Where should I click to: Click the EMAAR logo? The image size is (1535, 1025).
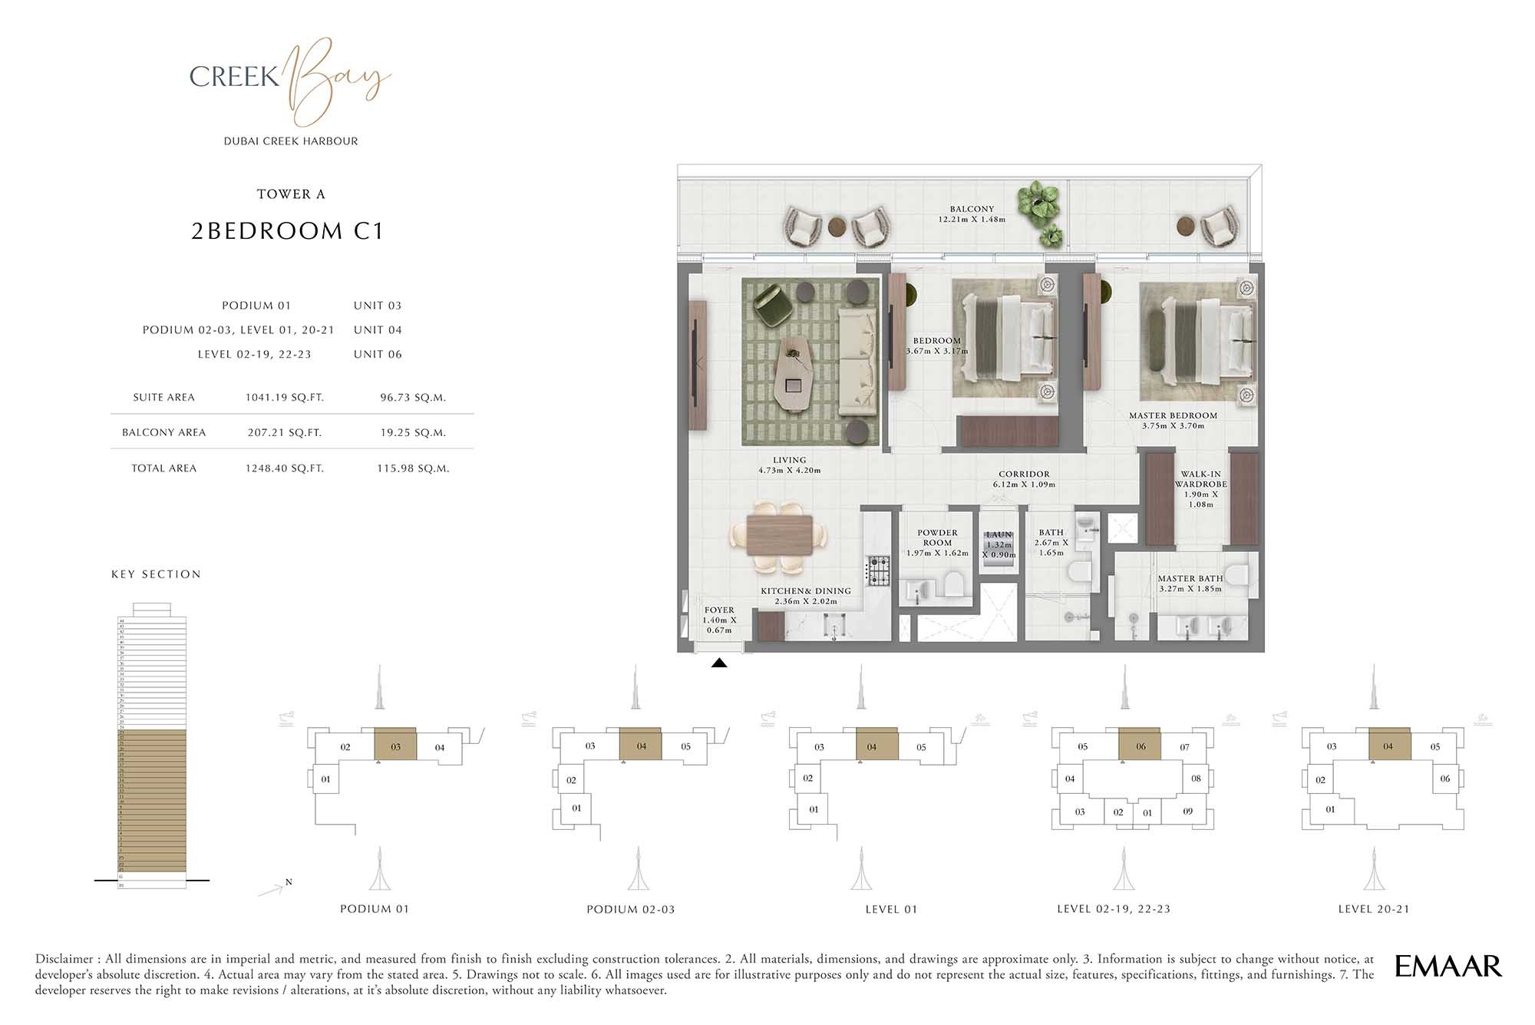[1448, 966]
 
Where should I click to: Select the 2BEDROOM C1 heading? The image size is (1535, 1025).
[287, 231]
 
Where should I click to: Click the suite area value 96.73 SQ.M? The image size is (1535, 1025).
[413, 398]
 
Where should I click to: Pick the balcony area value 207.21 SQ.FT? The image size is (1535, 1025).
[284, 433]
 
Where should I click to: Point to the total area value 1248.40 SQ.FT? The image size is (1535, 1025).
[284, 468]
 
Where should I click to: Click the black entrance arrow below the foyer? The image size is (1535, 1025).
[719, 663]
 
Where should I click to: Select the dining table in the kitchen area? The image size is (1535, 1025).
[779, 534]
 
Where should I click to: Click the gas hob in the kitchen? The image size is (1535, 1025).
[878, 570]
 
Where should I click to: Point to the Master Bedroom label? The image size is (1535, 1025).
[1173, 416]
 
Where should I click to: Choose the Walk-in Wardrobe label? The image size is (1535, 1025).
[1200, 480]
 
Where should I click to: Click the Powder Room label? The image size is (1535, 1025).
[937, 537]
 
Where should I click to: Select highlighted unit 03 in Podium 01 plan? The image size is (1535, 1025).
[395, 746]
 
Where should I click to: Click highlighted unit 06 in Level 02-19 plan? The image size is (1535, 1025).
[1141, 746]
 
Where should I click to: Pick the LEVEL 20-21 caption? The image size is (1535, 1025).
[1373, 909]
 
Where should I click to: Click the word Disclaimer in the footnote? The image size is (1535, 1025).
[65, 959]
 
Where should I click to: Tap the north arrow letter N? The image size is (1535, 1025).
[289, 882]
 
